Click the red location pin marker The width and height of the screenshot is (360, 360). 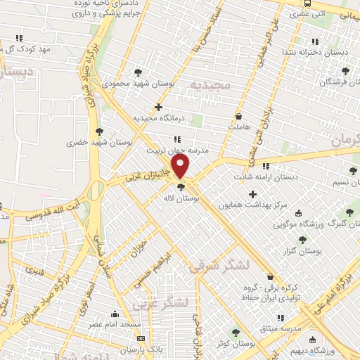tap(181, 166)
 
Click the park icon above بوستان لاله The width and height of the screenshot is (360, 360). tap(181, 187)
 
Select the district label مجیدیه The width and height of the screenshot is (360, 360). tap(210, 85)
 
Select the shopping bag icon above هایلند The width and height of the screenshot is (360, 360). tap(239, 116)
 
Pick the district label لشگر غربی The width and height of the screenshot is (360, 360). tap(160, 302)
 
